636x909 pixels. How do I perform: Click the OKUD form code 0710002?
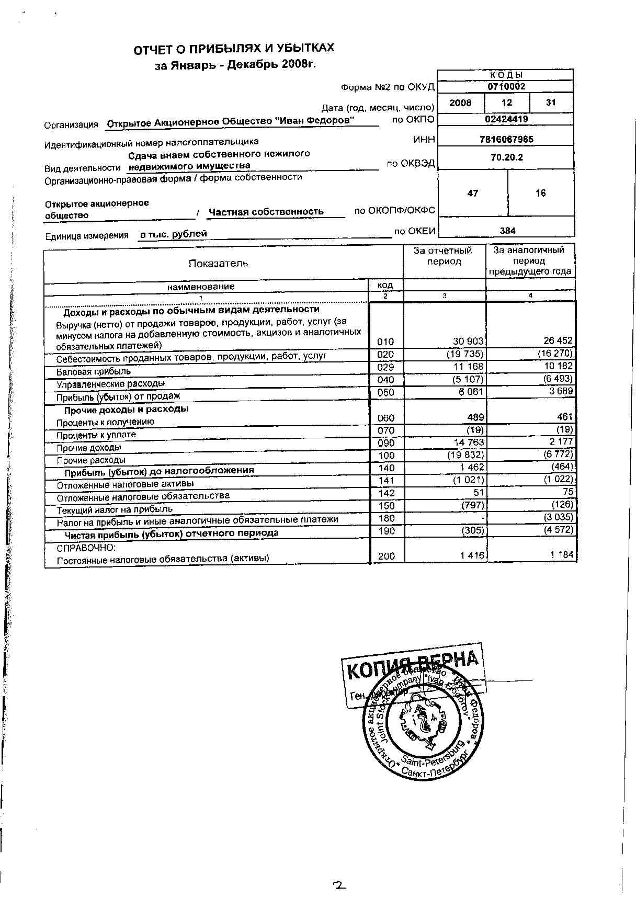506,87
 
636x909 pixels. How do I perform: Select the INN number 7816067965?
506,139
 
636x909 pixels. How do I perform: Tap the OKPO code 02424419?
506,119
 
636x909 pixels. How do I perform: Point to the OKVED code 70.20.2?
506,157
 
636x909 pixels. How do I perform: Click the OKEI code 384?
507,231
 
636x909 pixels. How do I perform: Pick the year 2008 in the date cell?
460,103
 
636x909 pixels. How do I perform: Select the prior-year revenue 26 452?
558,341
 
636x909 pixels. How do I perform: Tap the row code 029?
385,367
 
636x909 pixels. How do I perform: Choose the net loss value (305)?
472,530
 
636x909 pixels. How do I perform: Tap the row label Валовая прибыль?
94,372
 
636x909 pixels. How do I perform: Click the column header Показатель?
218,263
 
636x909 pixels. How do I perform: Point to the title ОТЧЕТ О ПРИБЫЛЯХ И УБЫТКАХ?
234,49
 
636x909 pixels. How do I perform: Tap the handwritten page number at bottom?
340,885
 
